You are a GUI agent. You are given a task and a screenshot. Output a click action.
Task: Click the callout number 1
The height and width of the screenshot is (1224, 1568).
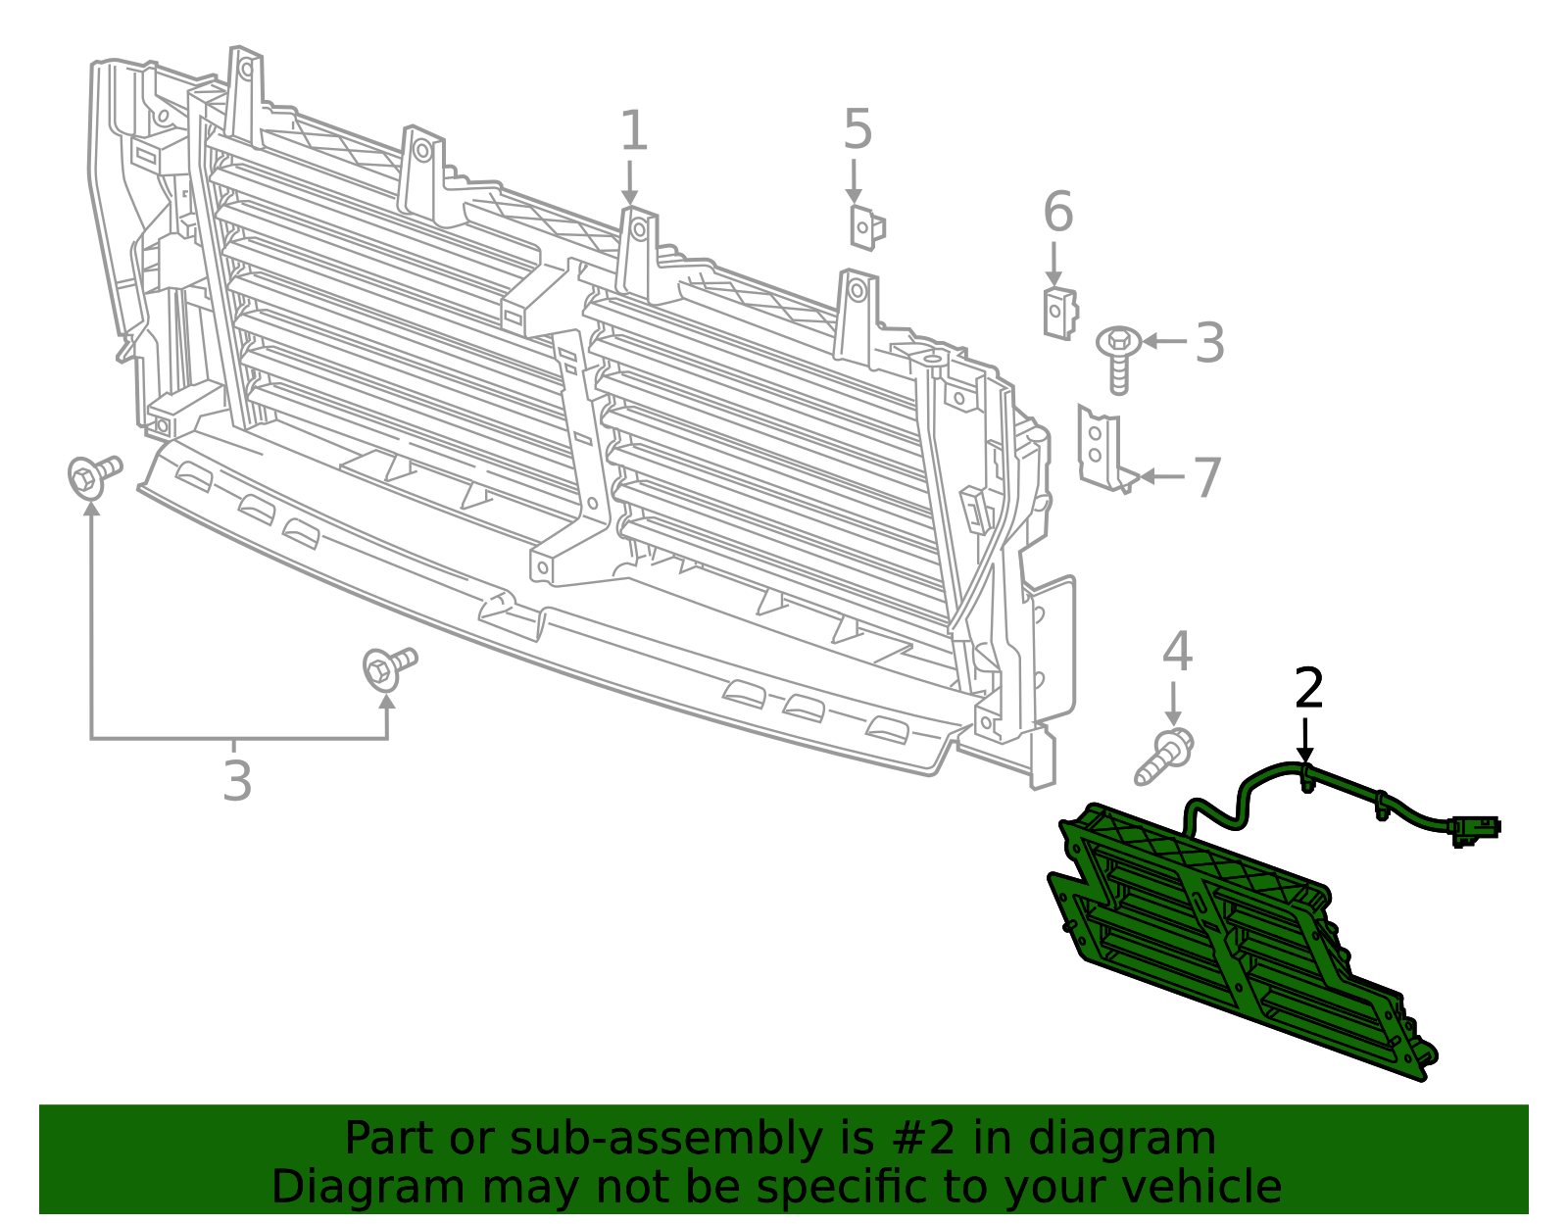[x=634, y=131]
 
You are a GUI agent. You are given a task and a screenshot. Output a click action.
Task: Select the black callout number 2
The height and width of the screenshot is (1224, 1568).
[x=1308, y=689]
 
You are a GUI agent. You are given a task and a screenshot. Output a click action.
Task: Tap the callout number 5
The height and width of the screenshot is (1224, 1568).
[x=857, y=130]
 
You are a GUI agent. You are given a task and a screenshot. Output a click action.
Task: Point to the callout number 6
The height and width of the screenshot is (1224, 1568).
[x=1057, y=213]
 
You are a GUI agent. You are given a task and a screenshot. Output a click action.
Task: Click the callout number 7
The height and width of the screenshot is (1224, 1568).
[x=1206, y=478]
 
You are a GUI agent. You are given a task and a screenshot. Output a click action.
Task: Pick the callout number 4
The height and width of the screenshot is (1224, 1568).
[x=1176, y=652]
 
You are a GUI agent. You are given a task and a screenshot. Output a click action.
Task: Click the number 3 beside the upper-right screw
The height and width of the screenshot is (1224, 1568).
[x=1210, y=343]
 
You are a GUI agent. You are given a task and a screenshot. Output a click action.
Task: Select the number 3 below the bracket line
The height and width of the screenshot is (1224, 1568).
[x=237, y=782]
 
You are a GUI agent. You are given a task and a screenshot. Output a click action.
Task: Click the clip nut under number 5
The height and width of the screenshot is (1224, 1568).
[x=866, y=227]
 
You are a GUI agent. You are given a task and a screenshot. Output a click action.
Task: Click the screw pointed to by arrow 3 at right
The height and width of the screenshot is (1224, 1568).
[x=1118, y=358]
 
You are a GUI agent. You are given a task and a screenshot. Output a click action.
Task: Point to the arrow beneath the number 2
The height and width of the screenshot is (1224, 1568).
[x=1304, y=740]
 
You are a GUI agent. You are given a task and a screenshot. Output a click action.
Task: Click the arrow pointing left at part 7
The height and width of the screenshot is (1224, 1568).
[x=1160, y=476]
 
